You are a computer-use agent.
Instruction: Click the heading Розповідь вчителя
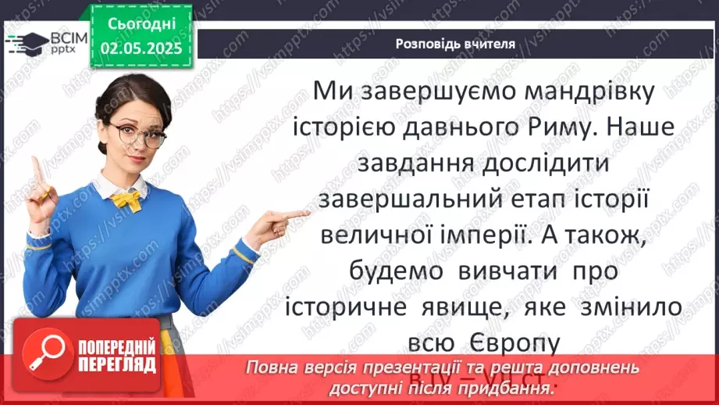[x=454, y=44]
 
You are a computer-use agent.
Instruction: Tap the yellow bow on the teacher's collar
[x=126, y=201]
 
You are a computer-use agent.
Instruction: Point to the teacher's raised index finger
[x=35, y=169]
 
